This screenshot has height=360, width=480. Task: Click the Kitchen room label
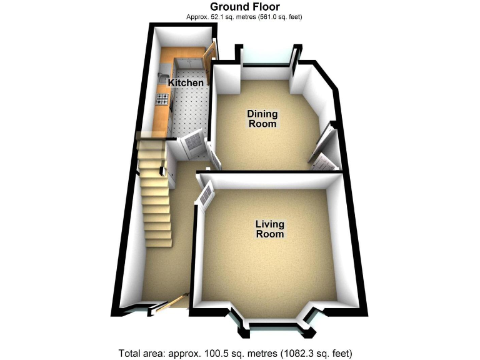click(186, 83)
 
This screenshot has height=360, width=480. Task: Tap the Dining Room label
click(262, 119)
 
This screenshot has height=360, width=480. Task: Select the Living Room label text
click(269, 229)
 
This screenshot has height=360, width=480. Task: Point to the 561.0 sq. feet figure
click(278, 17)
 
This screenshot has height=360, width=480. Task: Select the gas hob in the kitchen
click(163, 99)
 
